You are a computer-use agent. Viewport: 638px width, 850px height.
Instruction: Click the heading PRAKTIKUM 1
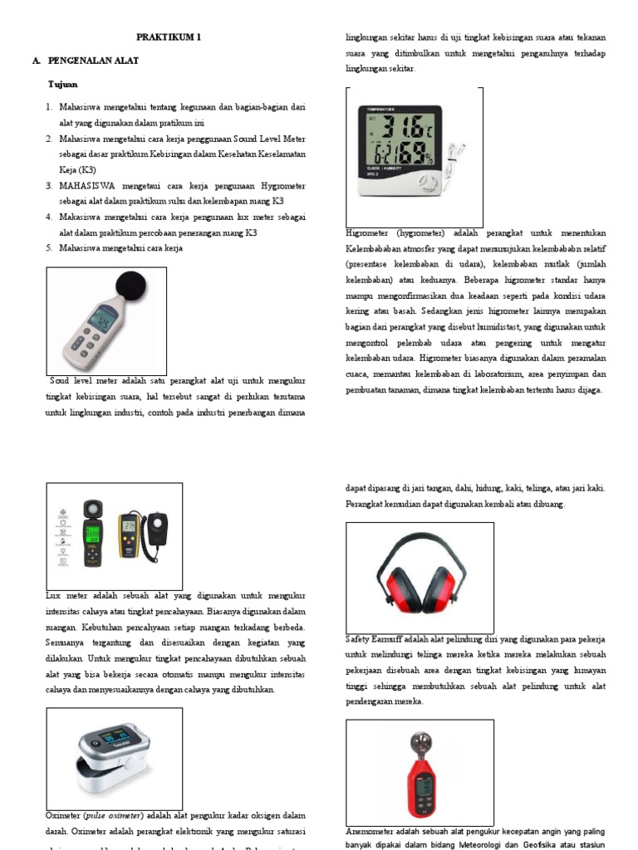coord(169,37)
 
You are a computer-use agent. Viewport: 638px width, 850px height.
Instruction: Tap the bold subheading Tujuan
coord(63,85)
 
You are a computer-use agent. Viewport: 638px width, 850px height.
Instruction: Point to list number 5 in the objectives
coord(50,247)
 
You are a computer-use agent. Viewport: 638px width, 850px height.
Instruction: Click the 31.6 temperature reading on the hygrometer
coord(402,129)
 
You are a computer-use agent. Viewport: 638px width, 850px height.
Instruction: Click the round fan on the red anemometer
coord(419,740)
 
